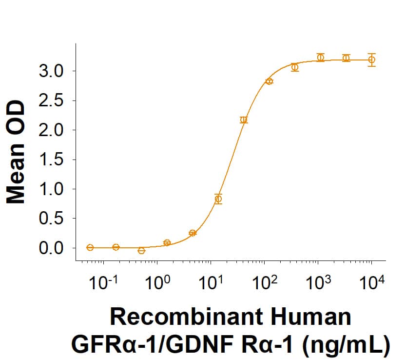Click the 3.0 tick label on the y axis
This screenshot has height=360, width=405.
51,71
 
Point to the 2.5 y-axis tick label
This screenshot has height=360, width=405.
51,101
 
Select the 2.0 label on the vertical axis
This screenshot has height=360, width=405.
51,130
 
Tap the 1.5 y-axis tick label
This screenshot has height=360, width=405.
51,160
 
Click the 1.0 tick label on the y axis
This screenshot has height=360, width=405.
51,189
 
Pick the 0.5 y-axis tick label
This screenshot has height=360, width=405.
51,219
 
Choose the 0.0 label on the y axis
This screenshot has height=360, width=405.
51,248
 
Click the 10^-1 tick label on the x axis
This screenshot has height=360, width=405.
102,284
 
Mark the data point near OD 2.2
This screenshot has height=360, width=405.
244,120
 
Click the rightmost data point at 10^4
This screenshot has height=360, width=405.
371,60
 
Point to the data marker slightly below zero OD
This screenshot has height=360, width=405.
141,251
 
